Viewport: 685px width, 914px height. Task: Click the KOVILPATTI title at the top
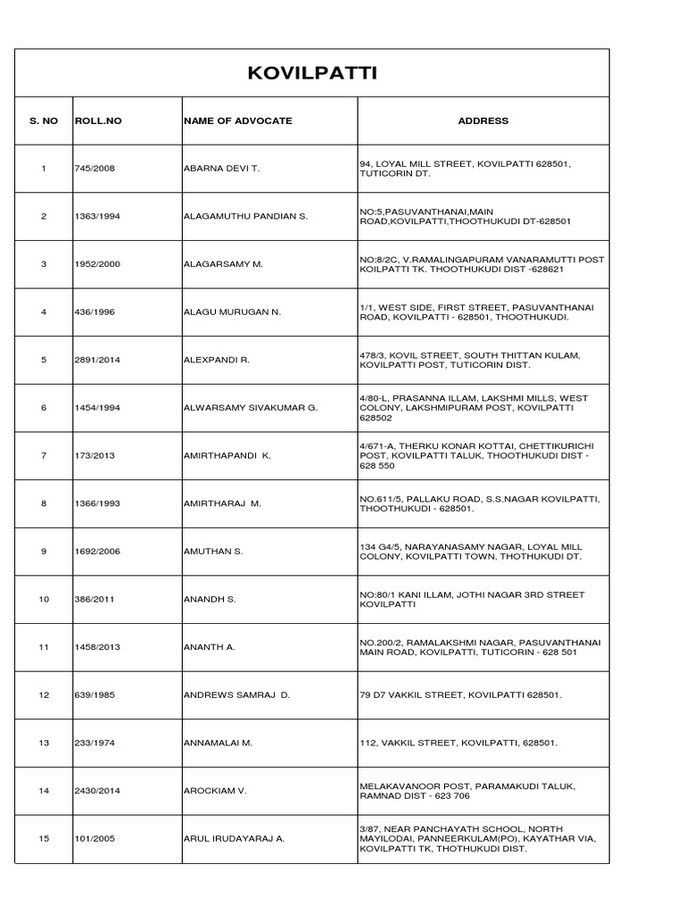point(312,72)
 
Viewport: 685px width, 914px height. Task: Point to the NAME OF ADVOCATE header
point(237,120)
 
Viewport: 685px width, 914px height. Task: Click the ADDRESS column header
point(483,120)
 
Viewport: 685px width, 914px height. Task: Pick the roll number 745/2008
point(96,169)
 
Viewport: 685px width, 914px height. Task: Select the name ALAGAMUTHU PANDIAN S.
point(245,217)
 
